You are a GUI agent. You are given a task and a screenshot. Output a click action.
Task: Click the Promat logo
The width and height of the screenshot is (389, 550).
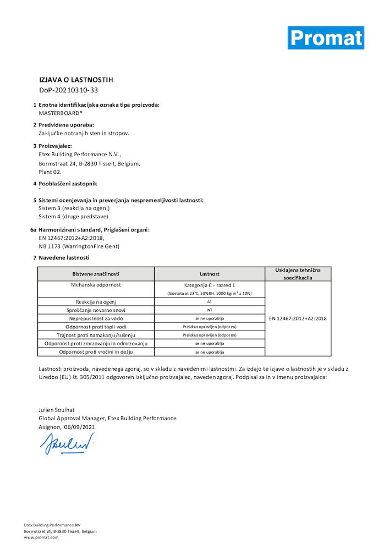326,37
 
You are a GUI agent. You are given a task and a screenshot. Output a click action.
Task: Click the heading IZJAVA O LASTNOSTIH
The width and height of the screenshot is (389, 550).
76,80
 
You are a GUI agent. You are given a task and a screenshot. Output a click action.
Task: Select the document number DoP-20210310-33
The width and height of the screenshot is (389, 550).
68,90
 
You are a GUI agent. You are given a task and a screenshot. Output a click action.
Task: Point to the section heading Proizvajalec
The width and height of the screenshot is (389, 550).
55,146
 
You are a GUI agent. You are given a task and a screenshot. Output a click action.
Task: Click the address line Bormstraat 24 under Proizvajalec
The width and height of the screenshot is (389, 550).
89,163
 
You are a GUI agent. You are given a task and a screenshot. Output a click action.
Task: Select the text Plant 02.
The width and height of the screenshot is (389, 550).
50,172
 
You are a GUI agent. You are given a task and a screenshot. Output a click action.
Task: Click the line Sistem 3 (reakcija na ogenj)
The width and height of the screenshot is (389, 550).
74,208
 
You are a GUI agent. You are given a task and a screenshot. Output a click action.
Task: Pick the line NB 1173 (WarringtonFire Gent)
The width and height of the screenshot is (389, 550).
79,246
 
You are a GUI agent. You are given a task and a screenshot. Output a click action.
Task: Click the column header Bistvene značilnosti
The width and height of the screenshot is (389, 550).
96,274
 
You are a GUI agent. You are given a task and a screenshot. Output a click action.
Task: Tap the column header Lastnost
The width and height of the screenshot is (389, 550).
210,274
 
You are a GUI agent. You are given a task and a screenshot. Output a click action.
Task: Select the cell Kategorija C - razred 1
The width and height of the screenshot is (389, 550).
210,285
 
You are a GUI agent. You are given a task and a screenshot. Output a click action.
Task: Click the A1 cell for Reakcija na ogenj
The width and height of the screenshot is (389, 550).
210,302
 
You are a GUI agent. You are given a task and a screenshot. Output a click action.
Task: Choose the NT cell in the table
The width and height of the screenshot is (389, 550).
210,310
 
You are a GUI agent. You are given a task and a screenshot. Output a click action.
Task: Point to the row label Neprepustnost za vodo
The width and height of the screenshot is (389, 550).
96,318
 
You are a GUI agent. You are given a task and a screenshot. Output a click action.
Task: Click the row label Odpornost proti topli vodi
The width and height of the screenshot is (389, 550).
96,327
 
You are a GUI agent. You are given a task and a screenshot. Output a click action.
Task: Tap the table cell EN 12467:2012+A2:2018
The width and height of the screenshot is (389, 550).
298,318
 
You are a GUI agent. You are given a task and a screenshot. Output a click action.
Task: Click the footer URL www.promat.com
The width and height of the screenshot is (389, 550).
41,537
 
